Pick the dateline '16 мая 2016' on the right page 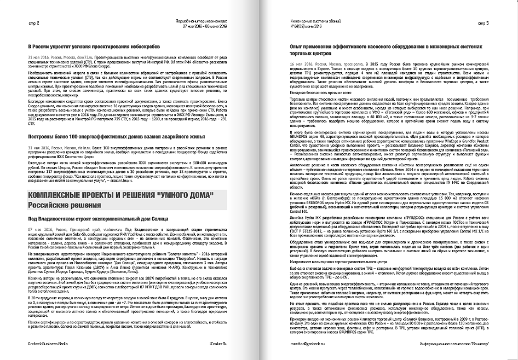tap(301, 64)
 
